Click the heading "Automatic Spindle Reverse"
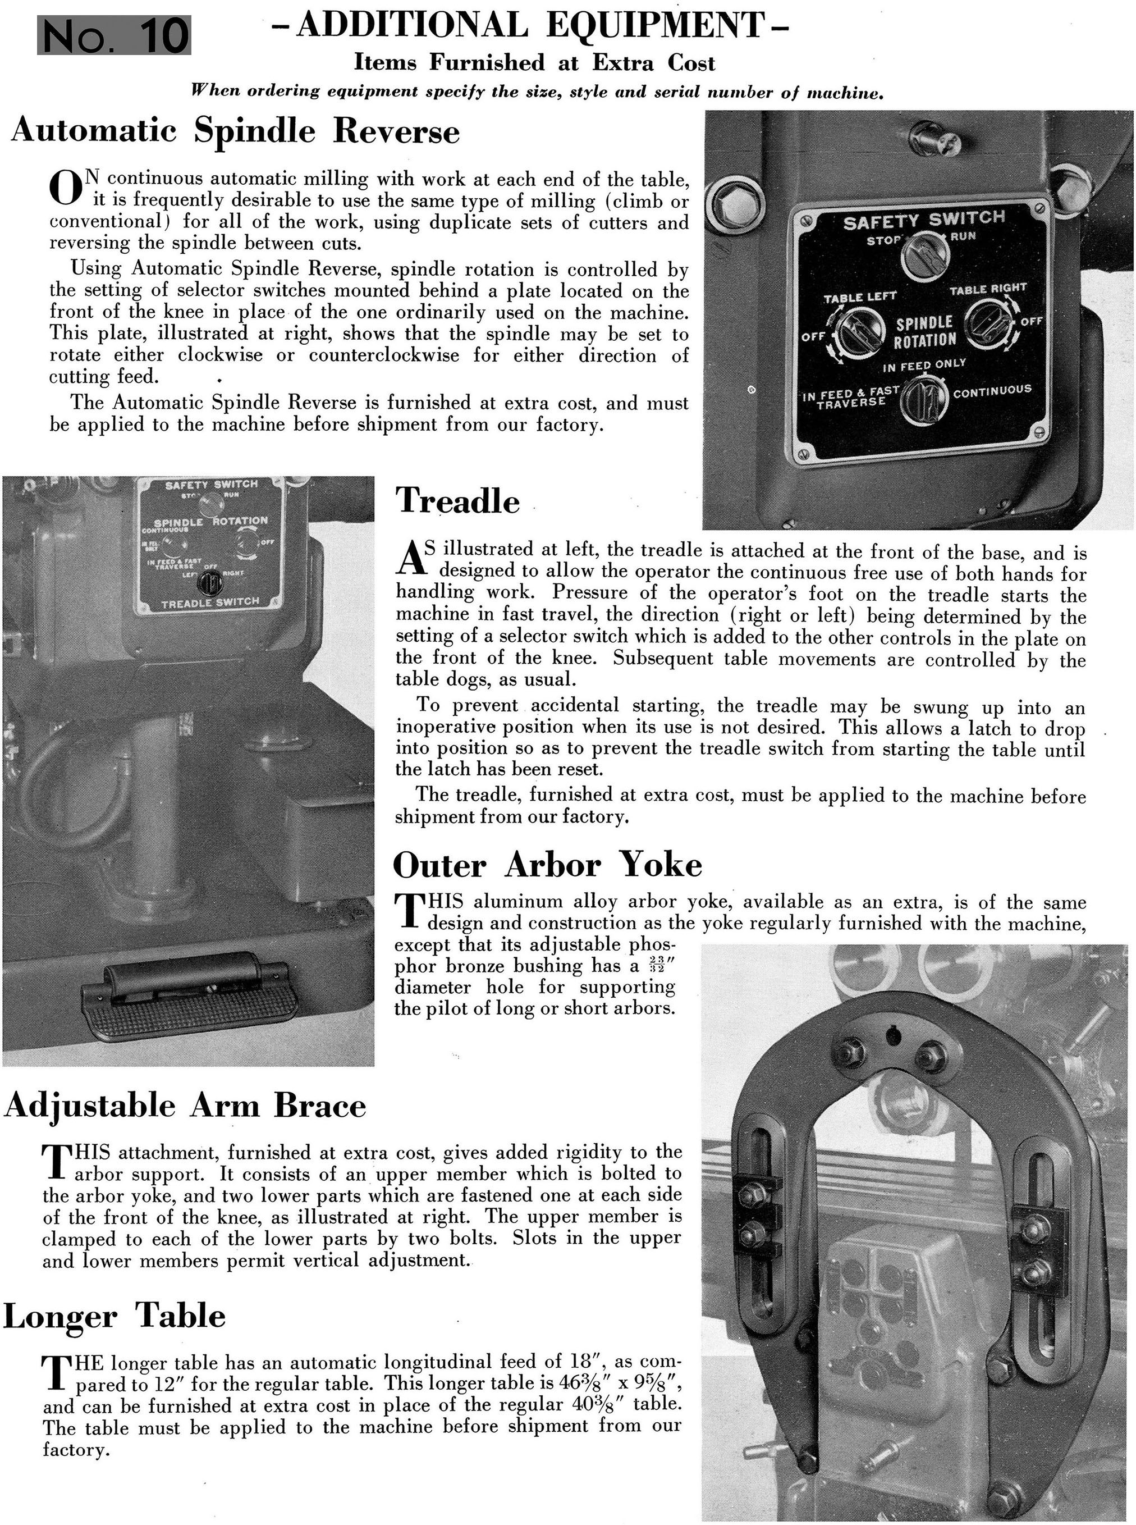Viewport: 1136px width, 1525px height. click(x=235, y=131)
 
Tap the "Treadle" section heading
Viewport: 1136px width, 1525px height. click(x=457, y=500)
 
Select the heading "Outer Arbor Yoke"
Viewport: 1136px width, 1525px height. click(x=547, y=865)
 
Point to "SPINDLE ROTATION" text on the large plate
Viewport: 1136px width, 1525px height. click(x=925, y=331)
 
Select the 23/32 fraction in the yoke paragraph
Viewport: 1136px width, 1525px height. click(x=656, y=966)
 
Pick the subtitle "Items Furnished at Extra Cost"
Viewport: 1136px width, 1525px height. click(x=534, y=63)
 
